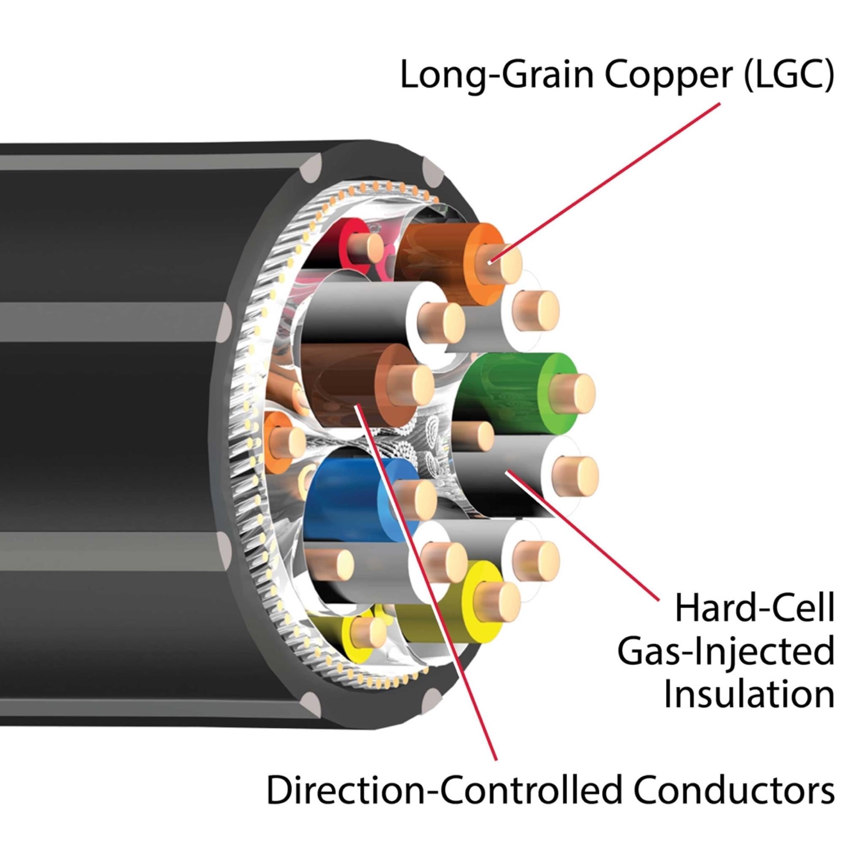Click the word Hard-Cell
coord(754,613)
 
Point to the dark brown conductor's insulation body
coord(340,380)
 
